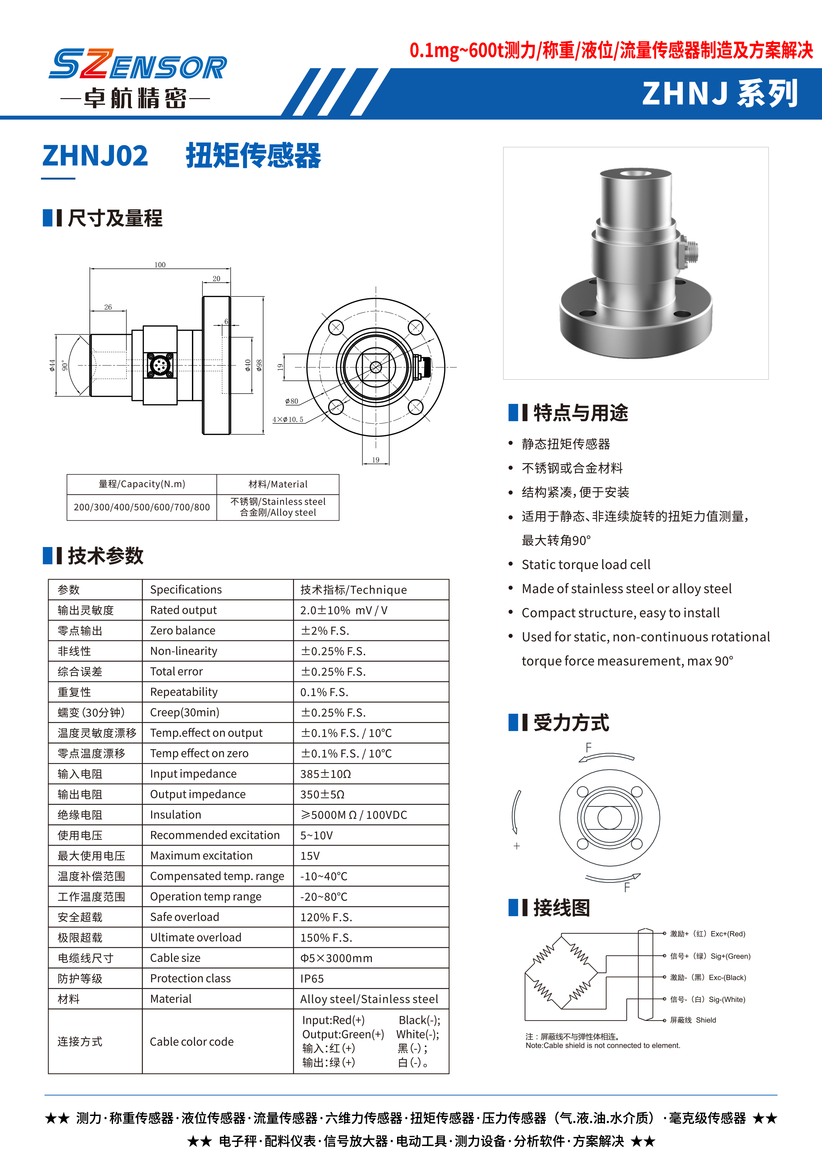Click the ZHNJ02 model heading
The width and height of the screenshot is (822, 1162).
tap(95, 155)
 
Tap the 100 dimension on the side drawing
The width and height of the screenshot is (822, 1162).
tap(160, 265)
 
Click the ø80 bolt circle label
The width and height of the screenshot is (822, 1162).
tap(292, 401)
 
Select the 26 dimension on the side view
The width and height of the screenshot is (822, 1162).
tap(108, 307)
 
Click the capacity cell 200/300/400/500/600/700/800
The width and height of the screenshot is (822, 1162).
tap(142, 507)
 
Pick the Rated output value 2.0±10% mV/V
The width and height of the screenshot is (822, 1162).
tap(344, 610)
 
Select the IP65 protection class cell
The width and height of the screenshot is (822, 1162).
tap(312, 979)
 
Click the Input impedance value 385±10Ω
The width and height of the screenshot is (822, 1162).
tap(325, 774)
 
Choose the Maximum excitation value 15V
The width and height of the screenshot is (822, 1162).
tap(310, 856)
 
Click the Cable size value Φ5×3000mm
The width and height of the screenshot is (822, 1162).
tap(336, 958)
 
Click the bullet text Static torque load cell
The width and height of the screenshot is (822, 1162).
tap(586, 565)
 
